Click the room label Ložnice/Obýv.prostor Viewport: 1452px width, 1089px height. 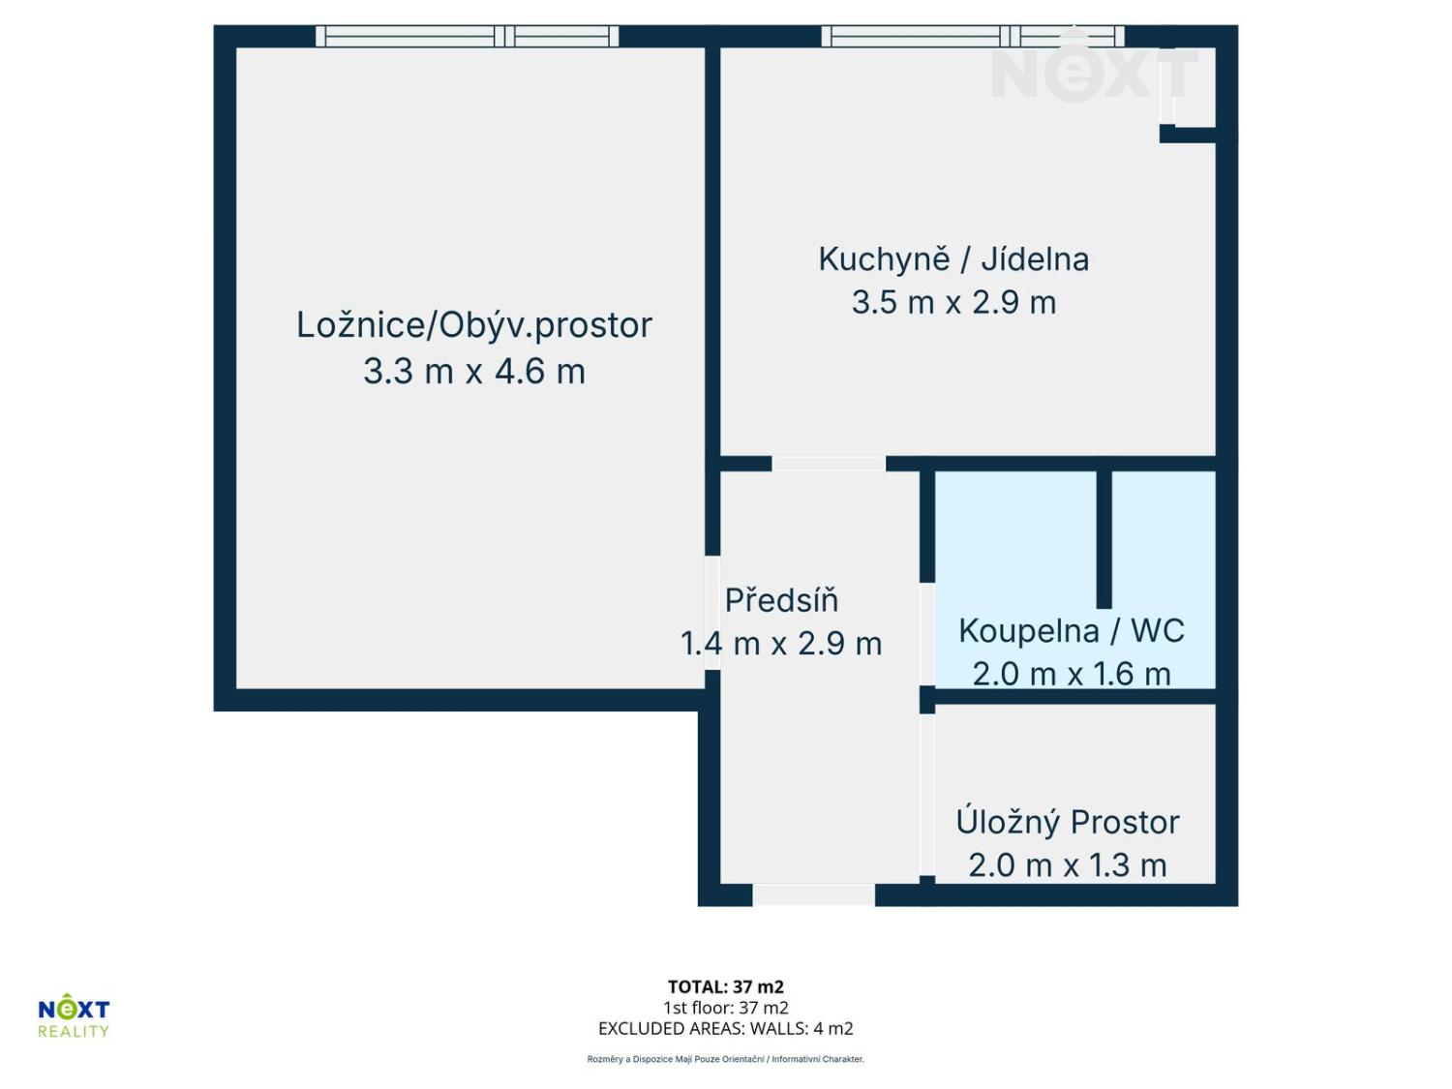[474, 325]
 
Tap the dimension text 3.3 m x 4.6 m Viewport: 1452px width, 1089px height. [474, 372]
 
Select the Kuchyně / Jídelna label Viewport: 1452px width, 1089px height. [953, 259]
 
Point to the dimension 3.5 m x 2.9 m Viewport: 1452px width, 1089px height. [953, 303]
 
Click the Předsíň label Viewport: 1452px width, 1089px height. [781, 600]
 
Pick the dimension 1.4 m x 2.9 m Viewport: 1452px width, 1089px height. [781, 644]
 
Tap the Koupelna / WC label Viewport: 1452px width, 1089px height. [1072, 631]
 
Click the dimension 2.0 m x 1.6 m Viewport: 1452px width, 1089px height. [1072, 674]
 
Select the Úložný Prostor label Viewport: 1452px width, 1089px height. [1068, 822]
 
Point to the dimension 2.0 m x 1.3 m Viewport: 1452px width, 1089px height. [1068, 864]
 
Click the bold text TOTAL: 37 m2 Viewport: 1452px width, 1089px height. [725, 987]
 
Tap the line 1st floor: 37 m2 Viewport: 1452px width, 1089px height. [725, 1008]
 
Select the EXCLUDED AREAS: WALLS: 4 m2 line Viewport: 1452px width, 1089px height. [725, 1029]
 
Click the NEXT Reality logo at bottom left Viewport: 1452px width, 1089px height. [74, 1016]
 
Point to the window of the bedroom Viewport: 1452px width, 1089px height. [467, 37]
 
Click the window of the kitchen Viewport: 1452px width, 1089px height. [972, 37]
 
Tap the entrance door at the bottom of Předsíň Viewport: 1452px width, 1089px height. [813, 895]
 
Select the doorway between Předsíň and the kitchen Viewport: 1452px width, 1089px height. [829, 464]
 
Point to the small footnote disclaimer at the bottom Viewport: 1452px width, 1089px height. [725, 1059]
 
